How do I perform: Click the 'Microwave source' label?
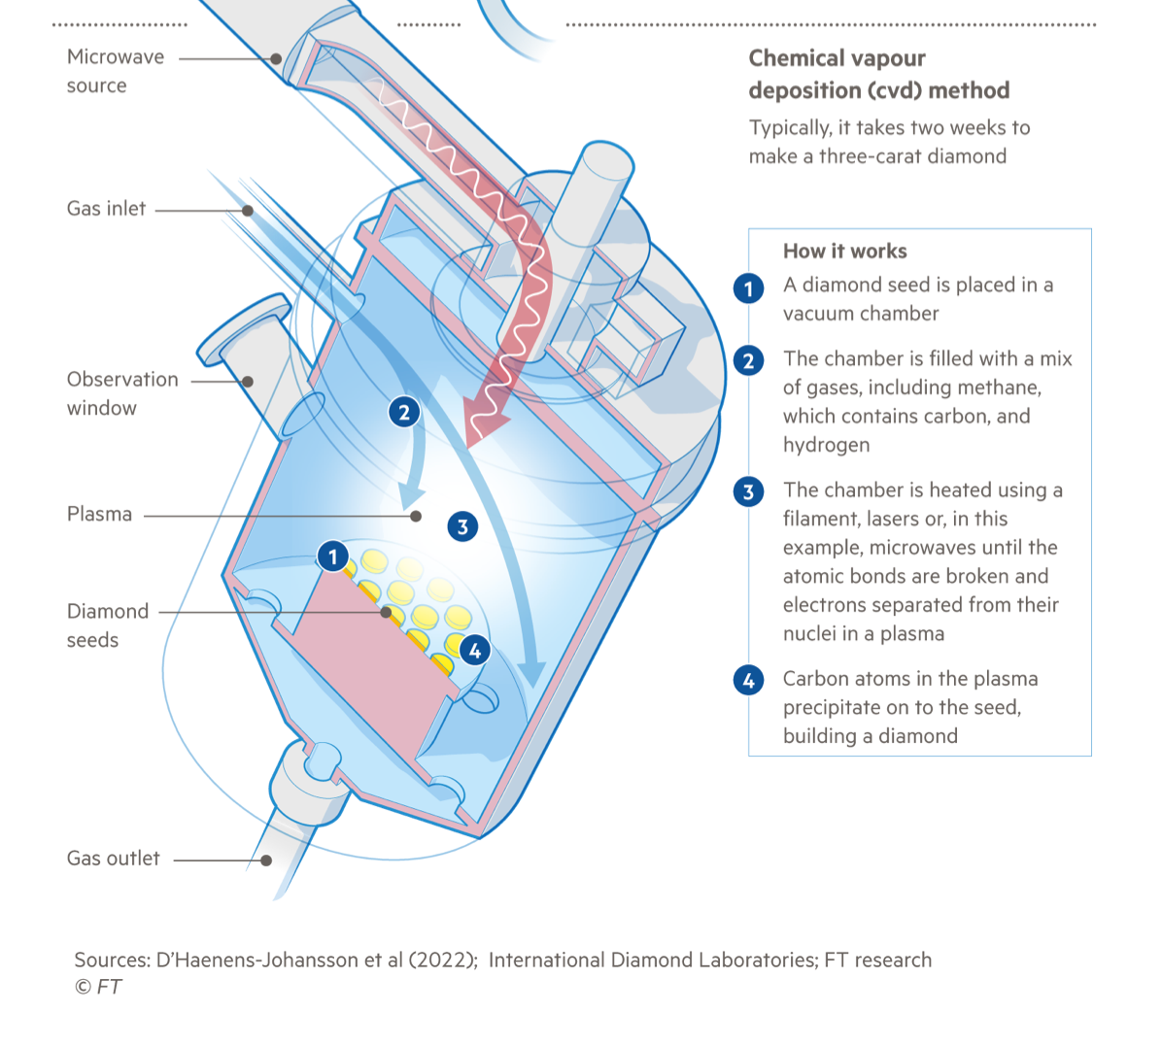coord(115,71)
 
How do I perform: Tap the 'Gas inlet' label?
coord(106,209)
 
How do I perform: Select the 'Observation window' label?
coord(122,393)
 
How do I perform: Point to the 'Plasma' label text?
coord(99,515)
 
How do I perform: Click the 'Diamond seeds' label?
coord(107,625)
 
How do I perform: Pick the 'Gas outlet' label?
coord(113,859)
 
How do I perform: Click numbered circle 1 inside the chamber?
coord(332,556)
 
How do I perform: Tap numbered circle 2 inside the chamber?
coord(404,412)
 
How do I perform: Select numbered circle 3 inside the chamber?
coord(462,526)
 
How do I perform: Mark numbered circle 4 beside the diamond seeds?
coord(474,651)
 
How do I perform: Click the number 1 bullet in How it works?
coord(748,288)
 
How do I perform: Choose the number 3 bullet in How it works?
coord(748,491)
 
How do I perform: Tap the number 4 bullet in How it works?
coord(748,680)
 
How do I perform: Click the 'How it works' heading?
coord(844,252)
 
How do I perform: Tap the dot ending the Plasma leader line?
coord(416,516)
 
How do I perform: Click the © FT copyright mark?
coord(98,987)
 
